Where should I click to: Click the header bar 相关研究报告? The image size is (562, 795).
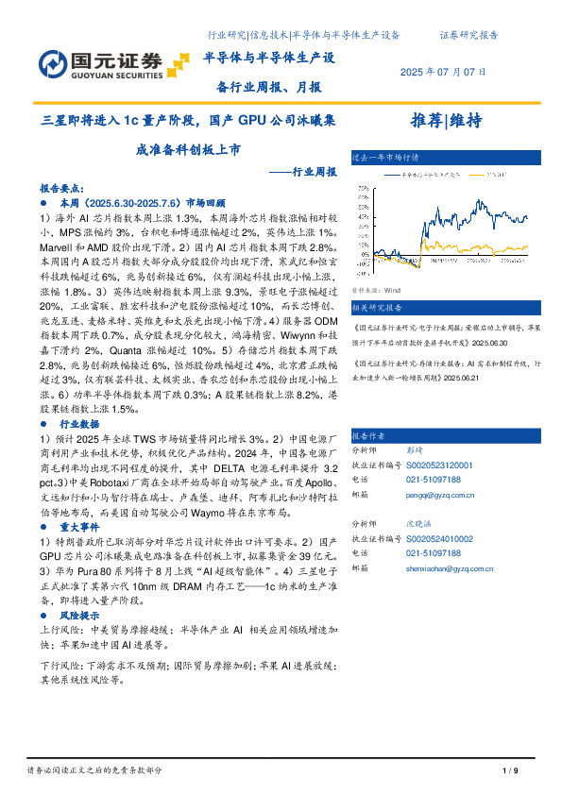click(377, 308)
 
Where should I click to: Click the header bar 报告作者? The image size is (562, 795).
click(368, 436)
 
